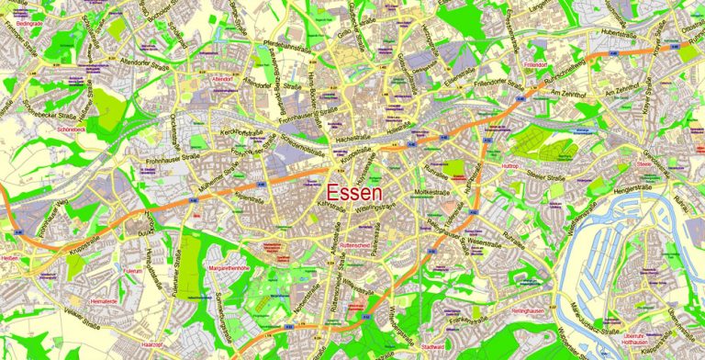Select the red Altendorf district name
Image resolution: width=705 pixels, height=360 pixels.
coord(222,80)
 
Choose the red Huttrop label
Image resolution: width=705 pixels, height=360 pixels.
coord(511,165)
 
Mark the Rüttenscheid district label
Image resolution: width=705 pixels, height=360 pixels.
coord(354,245)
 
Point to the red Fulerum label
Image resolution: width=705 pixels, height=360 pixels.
coord(131,272)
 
